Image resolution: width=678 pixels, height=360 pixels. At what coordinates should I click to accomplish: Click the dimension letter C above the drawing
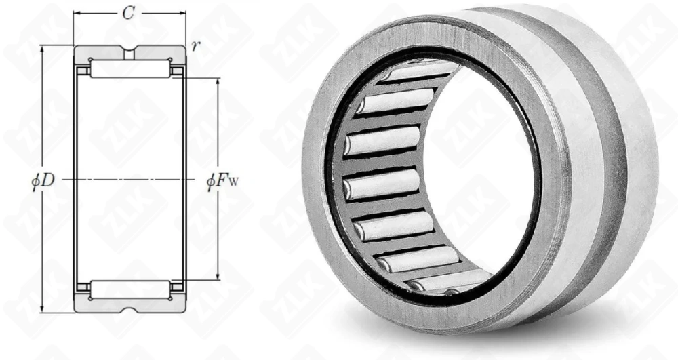(x=128, y=14)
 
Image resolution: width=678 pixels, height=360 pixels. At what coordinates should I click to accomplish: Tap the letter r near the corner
(x=196, y=46)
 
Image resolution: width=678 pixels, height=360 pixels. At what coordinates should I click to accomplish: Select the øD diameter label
(x=43, y=180)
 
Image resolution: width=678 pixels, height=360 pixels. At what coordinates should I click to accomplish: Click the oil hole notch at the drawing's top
(x=129, y=52)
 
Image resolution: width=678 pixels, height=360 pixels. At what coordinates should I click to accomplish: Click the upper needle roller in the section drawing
(x=130, y=69)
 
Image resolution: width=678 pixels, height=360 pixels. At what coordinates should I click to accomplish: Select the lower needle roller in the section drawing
(x=130, y=289)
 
